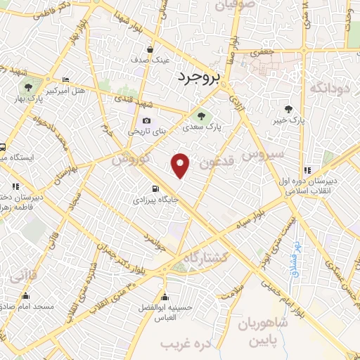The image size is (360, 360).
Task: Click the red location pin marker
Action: click(x=181, y=165)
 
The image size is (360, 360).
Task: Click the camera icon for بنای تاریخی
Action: click(x=146, y=120)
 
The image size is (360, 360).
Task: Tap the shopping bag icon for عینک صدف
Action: click(x=151, y=49)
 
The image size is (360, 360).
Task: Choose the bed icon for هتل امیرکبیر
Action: click(x=65, y=79)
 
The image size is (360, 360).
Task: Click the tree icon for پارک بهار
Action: click(x=28, y=88)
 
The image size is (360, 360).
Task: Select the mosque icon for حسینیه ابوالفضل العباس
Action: click(x=164, y=296)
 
